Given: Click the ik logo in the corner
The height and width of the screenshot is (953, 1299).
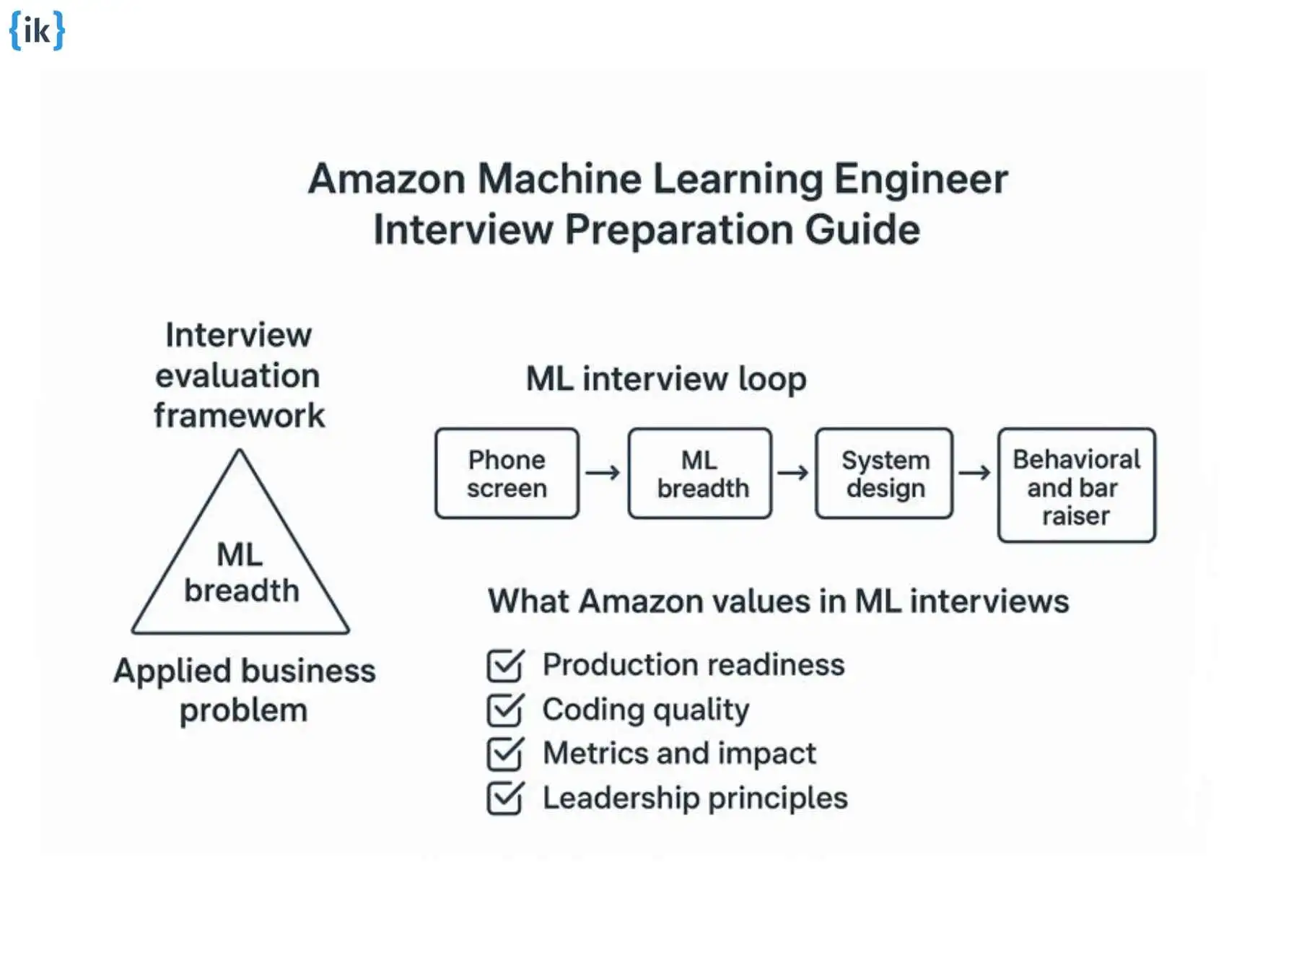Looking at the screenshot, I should [x=37, y=30].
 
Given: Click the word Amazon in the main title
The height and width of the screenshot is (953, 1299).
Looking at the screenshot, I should [x=386, y=179].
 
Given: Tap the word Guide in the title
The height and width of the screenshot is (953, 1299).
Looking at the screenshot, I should [x=862, y=230].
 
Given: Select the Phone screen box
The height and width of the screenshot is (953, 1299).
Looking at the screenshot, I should [x=507, y=474].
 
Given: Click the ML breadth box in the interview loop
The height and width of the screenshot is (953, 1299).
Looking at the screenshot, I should [x=699, y=474].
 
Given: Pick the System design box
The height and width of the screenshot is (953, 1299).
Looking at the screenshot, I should [x=884, y=474].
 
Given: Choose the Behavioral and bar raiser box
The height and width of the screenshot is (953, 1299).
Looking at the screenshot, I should [x=1076, y=485].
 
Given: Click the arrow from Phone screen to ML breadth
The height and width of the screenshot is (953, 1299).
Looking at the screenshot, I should [x=603, y=473].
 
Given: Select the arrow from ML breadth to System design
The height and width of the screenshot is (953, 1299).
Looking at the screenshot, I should [x=793, y=473].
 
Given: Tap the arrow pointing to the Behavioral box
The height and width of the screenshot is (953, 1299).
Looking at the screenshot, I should [x=975, y=473].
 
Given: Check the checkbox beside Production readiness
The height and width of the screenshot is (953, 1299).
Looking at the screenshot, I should [x=504, y=665].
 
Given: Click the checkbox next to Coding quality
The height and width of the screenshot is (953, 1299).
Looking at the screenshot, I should [x=504, y=710].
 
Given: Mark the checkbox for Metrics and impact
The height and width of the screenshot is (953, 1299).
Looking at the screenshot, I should [x=504, y=754].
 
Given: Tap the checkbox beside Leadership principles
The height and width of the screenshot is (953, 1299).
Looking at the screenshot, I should [x=504, y=798].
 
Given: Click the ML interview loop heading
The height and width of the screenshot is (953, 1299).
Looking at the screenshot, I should [x=665, y=379].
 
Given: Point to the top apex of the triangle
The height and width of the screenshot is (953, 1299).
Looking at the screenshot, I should [x=240, y=451].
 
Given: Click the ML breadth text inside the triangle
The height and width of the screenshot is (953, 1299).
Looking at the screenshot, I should [x=241, y=573].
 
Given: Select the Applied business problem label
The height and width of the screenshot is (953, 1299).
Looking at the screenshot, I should [x=244, y=690].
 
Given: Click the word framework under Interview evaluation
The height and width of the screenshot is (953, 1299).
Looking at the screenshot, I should [x=239, y=416].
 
